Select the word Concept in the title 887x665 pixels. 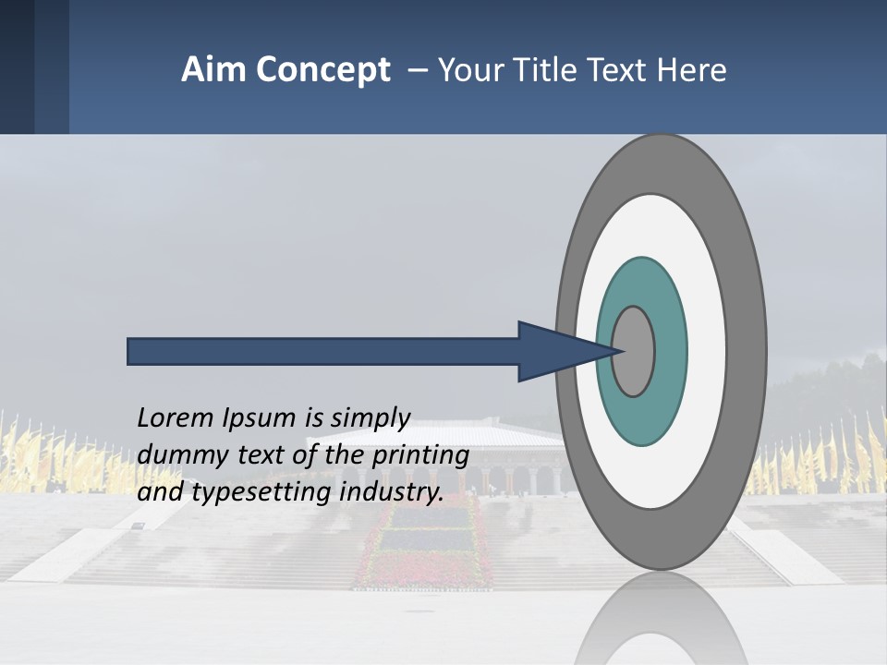coord(323,70)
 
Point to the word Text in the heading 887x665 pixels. coord(629,70)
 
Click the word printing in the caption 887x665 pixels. coord(420,456)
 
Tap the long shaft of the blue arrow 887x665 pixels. coord(323,352)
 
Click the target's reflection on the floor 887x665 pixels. coord(660,623)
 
